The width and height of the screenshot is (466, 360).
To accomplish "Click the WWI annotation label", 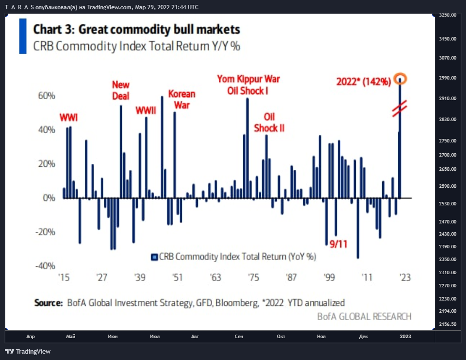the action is [69, 118].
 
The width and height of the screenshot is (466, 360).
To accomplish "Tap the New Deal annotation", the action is [121, 90].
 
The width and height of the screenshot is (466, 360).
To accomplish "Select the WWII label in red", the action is [146, 111].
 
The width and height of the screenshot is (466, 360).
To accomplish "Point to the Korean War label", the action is [182, 100].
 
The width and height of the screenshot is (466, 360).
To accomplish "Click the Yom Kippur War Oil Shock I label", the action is [249, 85].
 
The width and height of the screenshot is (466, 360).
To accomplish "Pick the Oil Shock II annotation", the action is [269, 122].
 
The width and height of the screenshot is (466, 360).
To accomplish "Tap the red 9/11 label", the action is [338, 244].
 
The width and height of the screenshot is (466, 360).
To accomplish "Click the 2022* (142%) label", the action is [364, 81].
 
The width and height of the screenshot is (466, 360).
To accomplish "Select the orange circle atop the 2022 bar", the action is [400, 79].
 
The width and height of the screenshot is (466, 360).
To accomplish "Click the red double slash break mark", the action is [400, 109].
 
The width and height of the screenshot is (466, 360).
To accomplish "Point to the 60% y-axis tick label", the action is [47, 96].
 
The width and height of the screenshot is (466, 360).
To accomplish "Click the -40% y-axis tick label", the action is [45, 266].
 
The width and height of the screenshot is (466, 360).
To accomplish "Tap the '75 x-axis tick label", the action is [253, 277].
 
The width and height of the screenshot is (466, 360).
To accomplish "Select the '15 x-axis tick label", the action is [64, 277].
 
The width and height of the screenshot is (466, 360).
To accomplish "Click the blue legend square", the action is [154, 257].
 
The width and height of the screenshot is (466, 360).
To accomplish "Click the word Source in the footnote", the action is [48, 303].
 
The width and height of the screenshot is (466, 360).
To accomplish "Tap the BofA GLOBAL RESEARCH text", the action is [364, 316].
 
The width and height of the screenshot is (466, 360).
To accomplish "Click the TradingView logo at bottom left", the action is [28, 351].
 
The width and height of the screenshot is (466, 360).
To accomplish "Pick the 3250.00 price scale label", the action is [447, 15].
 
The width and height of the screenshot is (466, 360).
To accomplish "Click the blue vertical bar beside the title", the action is [22, 36].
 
